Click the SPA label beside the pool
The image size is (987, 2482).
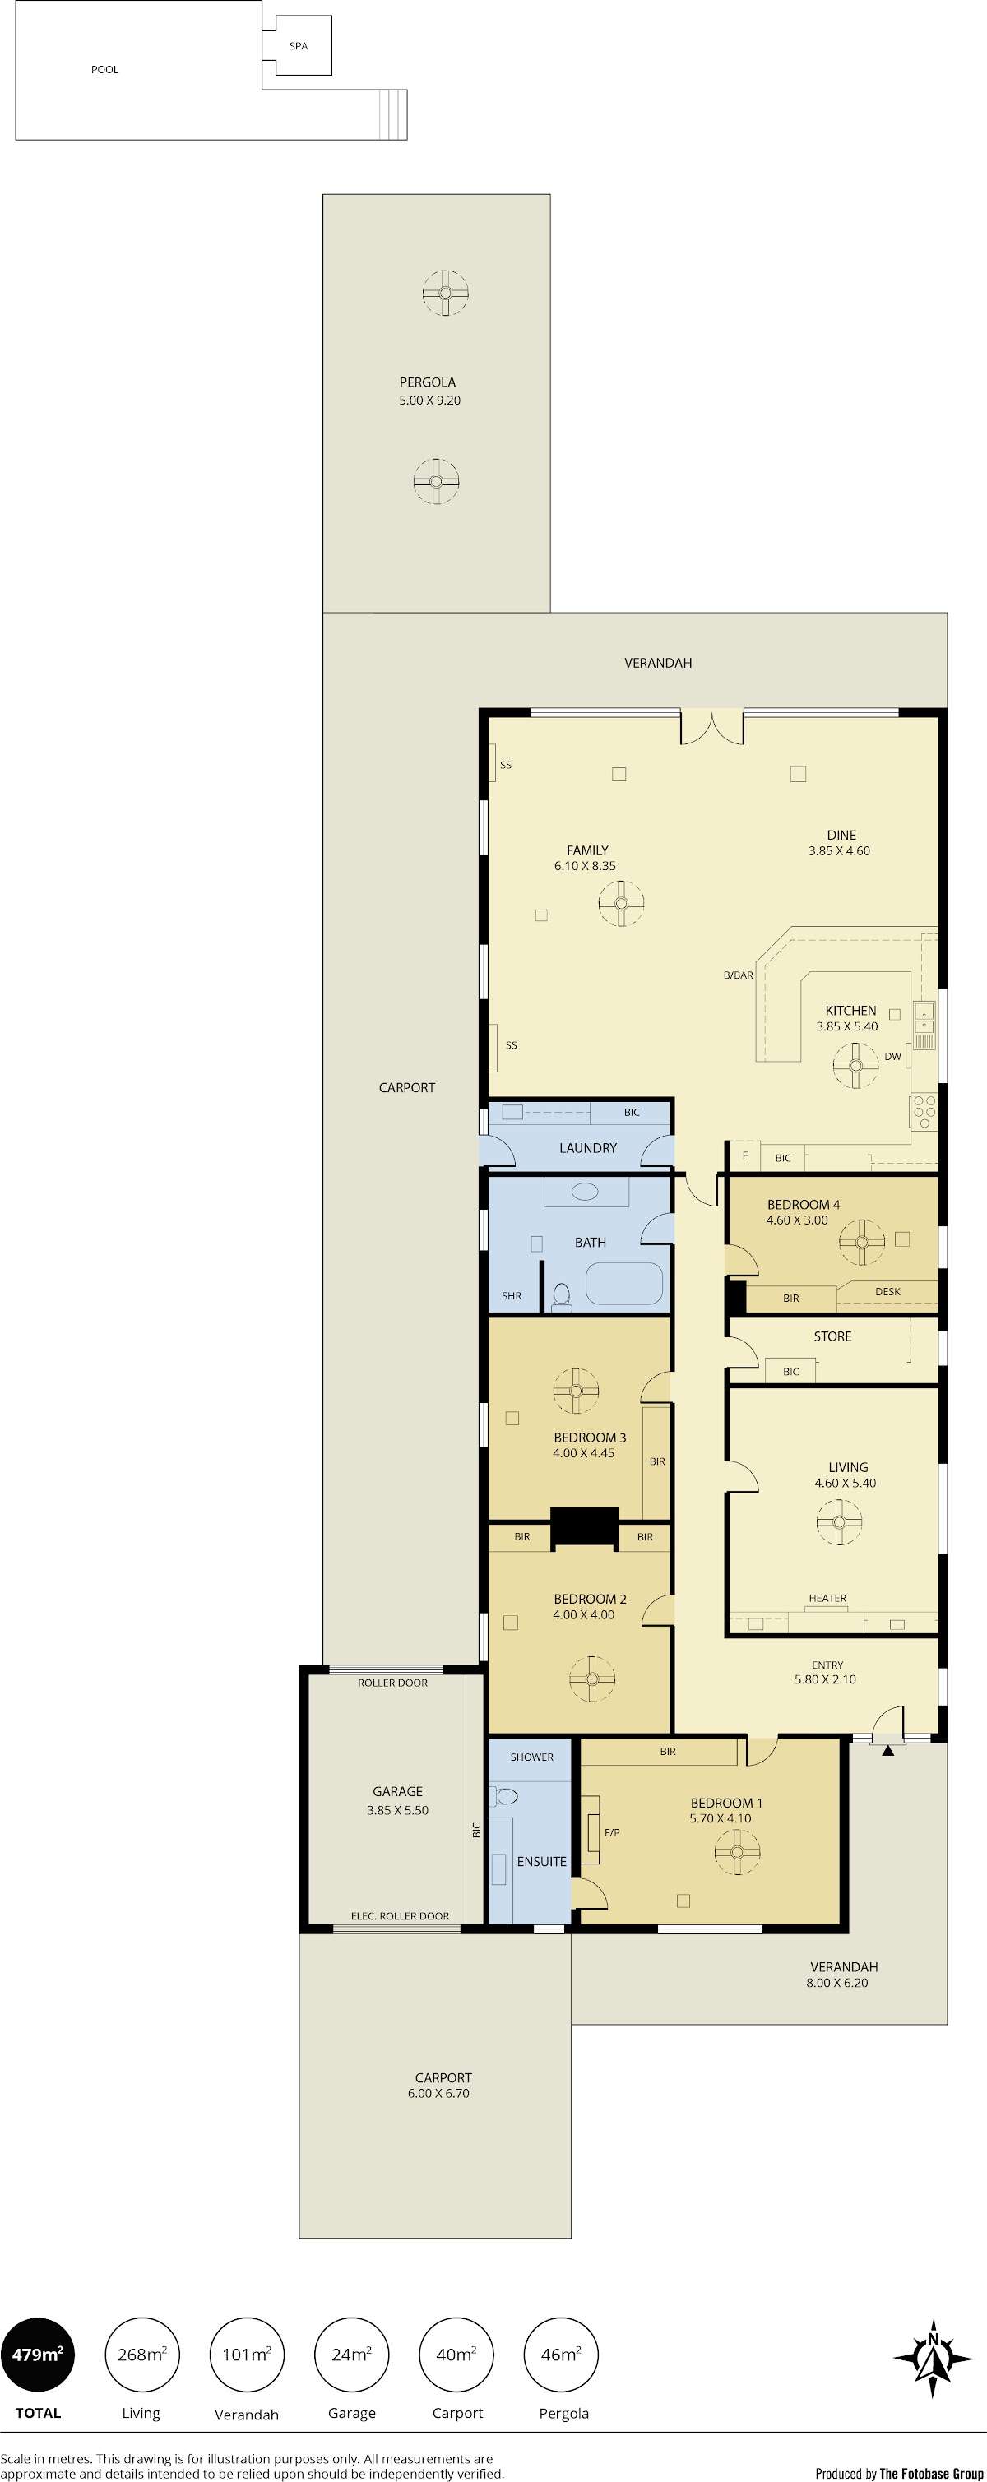[x=299, y=46]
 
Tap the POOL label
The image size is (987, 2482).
[x=105, y=69]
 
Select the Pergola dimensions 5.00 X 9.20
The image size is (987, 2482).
[x=430, y=400]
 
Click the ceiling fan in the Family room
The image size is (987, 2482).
[x=621, y=903]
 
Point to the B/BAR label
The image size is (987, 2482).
[x=739, y=975]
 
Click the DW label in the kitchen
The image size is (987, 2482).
[x=893, y=1056]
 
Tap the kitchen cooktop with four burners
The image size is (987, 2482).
[x=924, y=1112]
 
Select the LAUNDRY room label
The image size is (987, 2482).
[x=588, y=1147]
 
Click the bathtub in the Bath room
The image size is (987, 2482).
[x=623, y=1284]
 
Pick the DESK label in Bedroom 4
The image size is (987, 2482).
[x=887, y=1291]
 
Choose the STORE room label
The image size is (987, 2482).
[x=832, y=1336]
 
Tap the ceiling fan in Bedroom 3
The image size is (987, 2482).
[x=577, y=1391]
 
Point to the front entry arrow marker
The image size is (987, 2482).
[x=887, y=1750]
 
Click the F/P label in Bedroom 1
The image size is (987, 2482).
[x=612, y=1831]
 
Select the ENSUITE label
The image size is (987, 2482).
[x=542, y=1862]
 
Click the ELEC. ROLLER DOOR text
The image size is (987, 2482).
[x=400, y=1915]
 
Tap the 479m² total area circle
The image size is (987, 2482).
[x=38, y=2354]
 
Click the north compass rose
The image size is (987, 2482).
[x=933, y=2358]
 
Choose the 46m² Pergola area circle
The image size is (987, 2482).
[x=561, y=2354]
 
